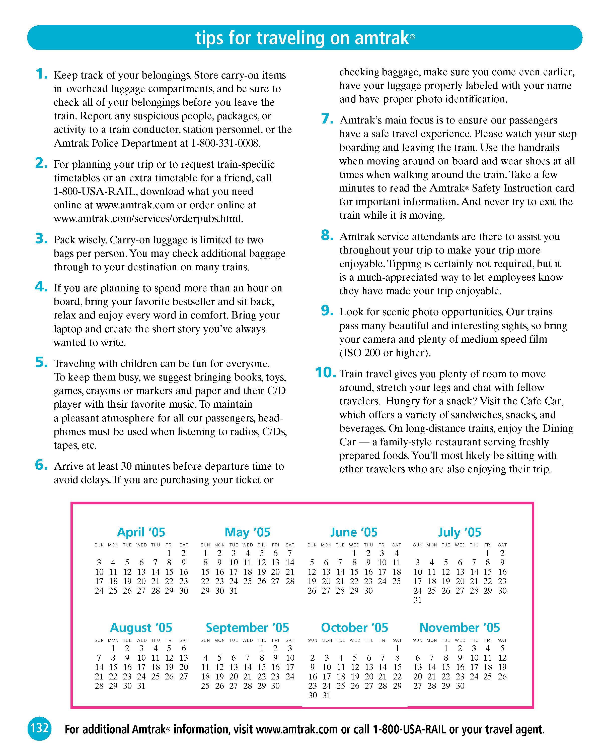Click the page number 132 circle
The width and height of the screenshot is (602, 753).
tap(39, 728)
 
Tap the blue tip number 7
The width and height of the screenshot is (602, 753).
tap(327, 119)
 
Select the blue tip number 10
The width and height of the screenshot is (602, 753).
tap(325, 373)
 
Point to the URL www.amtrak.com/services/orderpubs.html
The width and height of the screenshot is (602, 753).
tap(148, 219)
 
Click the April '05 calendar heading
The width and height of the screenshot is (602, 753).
tap(141, 532)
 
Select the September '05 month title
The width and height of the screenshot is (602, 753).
tap(247, 627)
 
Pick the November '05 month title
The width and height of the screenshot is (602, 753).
tap(460, 627)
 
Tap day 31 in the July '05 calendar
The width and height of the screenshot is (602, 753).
tap(418, 600)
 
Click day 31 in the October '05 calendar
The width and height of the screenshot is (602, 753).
tap(327, 695)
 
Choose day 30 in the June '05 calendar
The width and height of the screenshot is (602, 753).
tap(368, 591)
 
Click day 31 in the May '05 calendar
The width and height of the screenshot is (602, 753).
tap(234, 591)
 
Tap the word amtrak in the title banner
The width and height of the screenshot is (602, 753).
tap(382, 38)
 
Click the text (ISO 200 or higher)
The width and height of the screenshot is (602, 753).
tap(385, 353)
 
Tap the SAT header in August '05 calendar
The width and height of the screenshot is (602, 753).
tap(184, 640)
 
